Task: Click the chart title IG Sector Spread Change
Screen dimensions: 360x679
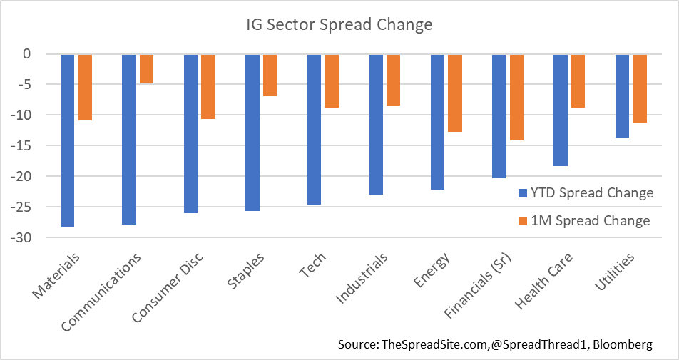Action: coord(335,25)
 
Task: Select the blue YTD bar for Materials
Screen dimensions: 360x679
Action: coord(67,140)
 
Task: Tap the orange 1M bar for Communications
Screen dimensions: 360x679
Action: coord(146,69)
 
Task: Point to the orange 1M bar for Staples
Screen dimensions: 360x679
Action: coord(270,76)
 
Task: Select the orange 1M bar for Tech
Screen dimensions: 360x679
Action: coord(332,81)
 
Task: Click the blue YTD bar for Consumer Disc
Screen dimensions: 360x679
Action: coord(190,133)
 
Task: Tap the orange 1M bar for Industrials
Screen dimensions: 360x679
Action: coord(393,80)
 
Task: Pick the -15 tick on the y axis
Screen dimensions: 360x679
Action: coord(38,145)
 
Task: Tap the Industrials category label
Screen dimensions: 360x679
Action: coord(362,277)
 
